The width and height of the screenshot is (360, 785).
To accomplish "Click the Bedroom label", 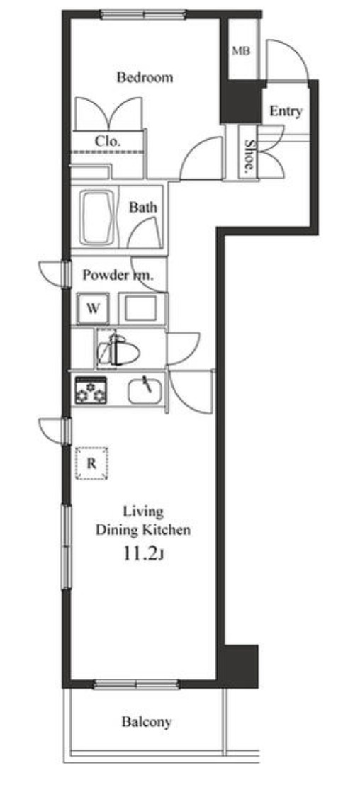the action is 145,77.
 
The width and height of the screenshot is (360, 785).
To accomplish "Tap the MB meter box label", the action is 241,50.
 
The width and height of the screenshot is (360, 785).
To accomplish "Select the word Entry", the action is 286,112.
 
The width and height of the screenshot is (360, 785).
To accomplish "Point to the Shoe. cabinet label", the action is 248,156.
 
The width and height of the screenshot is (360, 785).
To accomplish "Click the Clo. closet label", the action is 108,141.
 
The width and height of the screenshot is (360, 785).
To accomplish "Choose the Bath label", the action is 142,208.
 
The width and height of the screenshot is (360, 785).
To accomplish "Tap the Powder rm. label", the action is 118,275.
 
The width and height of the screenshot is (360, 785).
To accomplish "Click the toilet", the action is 118,349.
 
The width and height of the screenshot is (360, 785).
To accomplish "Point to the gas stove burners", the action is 91,390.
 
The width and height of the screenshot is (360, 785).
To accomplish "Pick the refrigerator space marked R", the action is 91,463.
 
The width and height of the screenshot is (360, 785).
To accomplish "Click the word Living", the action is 143,512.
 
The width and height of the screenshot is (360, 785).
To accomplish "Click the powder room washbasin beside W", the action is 141,308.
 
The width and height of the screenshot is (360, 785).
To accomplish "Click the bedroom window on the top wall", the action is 143,13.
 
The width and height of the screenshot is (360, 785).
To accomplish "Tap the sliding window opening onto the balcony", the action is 136,684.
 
